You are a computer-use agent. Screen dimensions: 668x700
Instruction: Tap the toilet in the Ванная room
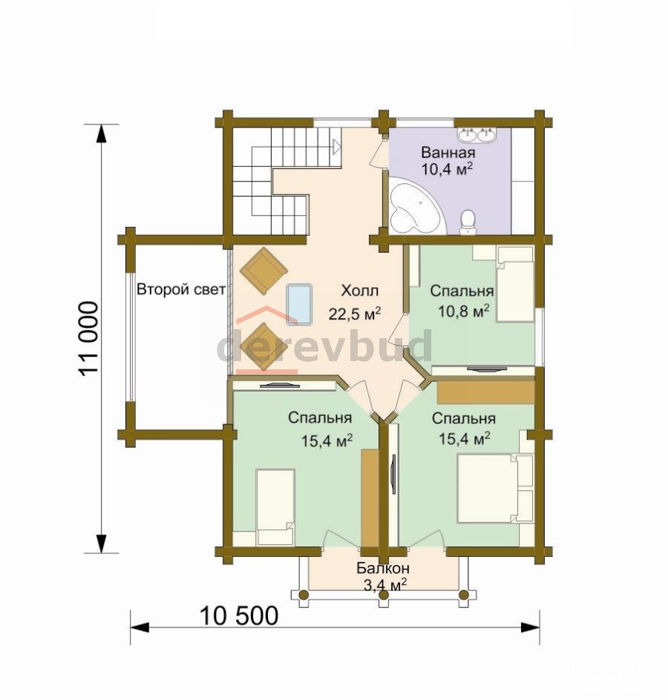(x=468, y=222)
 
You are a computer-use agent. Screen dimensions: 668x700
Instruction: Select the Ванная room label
(x=448, y=153)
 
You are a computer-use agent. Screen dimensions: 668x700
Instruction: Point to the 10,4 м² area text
(x=447, y=169)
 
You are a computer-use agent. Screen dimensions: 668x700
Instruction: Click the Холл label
(x=360, y=291)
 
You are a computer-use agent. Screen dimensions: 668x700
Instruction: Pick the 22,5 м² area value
(x=355, y=314)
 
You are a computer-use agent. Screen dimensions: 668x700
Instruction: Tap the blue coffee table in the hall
(x=299, y=304)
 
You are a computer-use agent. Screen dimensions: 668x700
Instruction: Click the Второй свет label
(x=181, y=289)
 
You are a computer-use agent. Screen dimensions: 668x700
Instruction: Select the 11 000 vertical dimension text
(x=88, y=338)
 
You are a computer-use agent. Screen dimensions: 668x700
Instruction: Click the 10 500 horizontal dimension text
(x=239, y=616)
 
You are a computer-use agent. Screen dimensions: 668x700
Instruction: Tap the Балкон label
(x=383, y=568)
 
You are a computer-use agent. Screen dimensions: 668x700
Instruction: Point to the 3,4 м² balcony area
(x=384, y=585)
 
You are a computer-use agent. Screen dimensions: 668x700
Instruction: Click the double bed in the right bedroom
(x=495, y=488)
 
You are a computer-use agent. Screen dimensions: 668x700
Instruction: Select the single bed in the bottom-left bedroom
(x=275, y=506)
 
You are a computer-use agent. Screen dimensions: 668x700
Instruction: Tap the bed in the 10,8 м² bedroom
(x=515, y=284)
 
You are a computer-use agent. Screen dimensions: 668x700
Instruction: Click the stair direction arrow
(x=336, y=146)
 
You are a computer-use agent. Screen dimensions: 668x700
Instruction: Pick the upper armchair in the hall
(x=263, y=271)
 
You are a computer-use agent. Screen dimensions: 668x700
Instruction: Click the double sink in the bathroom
(x=477, y=134)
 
